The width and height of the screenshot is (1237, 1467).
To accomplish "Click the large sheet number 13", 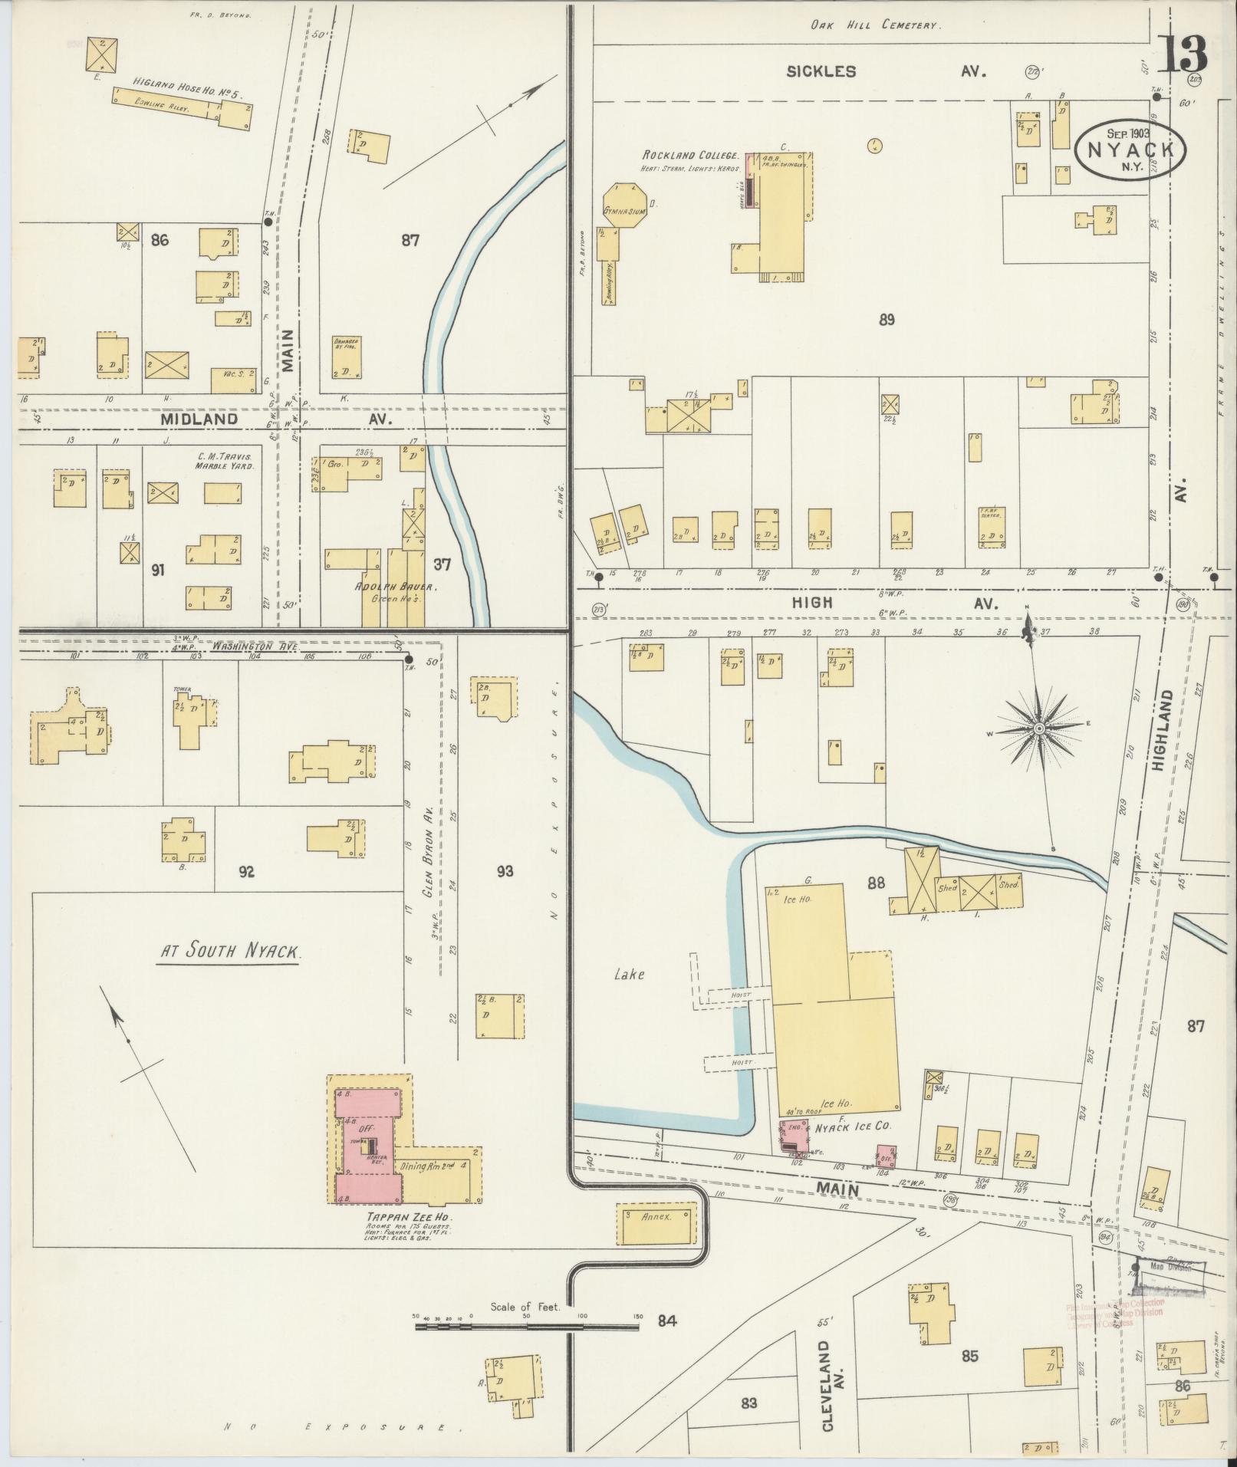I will click(x=1181, y=54).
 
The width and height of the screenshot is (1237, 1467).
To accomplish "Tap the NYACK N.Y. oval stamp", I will click(x=1130, y=148).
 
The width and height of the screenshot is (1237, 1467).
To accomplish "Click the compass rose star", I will click(x=1038, y=727).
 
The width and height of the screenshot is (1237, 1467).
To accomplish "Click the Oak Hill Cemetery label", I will click(x=874, y=25).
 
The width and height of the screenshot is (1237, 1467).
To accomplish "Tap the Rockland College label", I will click(x=689, y=155).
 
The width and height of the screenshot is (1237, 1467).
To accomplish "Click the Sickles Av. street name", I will click(x=886, y=72).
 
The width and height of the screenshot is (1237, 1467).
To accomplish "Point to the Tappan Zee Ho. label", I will click(x=390, y=1217).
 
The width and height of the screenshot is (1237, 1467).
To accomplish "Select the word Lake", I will click(x=629, y=974).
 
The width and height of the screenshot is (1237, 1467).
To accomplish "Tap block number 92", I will click(x=246, y=871).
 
